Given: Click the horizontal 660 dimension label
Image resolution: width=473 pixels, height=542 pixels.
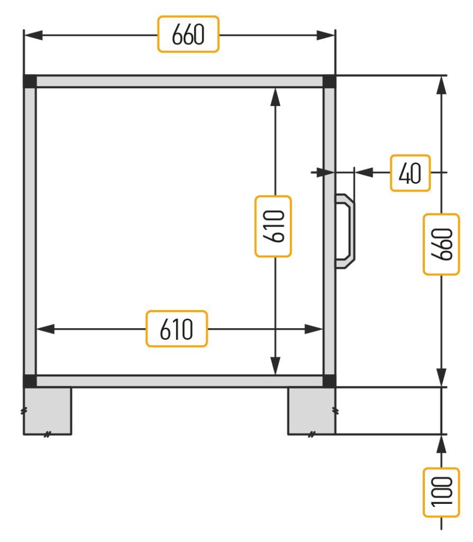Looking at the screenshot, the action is (188, 34).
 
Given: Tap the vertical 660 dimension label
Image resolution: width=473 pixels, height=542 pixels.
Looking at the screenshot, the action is (442, 245).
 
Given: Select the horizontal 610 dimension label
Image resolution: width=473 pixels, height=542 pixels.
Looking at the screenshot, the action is (177, 329).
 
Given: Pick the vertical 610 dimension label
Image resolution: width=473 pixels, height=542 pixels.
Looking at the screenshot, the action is (274, 227).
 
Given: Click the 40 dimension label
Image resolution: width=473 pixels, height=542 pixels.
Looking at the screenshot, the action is (410, 173).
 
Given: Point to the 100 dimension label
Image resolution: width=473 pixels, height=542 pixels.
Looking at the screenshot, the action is (442, 493).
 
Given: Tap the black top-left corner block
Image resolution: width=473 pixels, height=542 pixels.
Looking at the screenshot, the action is (30, 81).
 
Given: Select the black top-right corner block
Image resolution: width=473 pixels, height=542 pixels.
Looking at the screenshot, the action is (329, 81).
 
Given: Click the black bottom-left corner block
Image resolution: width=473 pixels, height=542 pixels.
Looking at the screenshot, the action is (30, 381).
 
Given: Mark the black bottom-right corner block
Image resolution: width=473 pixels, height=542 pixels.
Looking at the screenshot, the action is (329, 381).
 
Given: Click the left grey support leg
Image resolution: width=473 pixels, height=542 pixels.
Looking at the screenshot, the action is (48, 411).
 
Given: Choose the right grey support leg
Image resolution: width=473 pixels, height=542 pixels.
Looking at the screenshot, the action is (312, 411).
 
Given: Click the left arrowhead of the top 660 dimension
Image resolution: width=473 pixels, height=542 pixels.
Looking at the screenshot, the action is (33, 35).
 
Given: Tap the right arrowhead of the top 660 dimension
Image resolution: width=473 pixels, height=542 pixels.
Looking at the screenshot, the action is (326, 35).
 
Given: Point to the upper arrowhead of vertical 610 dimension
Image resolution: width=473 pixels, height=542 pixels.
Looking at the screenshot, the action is (275, 97).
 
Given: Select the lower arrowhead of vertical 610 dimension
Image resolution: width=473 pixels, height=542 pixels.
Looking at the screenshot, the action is (275, 366).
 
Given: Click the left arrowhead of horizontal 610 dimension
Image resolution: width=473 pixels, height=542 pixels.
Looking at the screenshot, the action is (46, 329).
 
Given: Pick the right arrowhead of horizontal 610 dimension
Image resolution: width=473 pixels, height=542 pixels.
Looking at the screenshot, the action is (314, 329).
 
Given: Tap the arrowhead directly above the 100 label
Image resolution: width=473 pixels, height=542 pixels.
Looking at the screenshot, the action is (442, 444).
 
